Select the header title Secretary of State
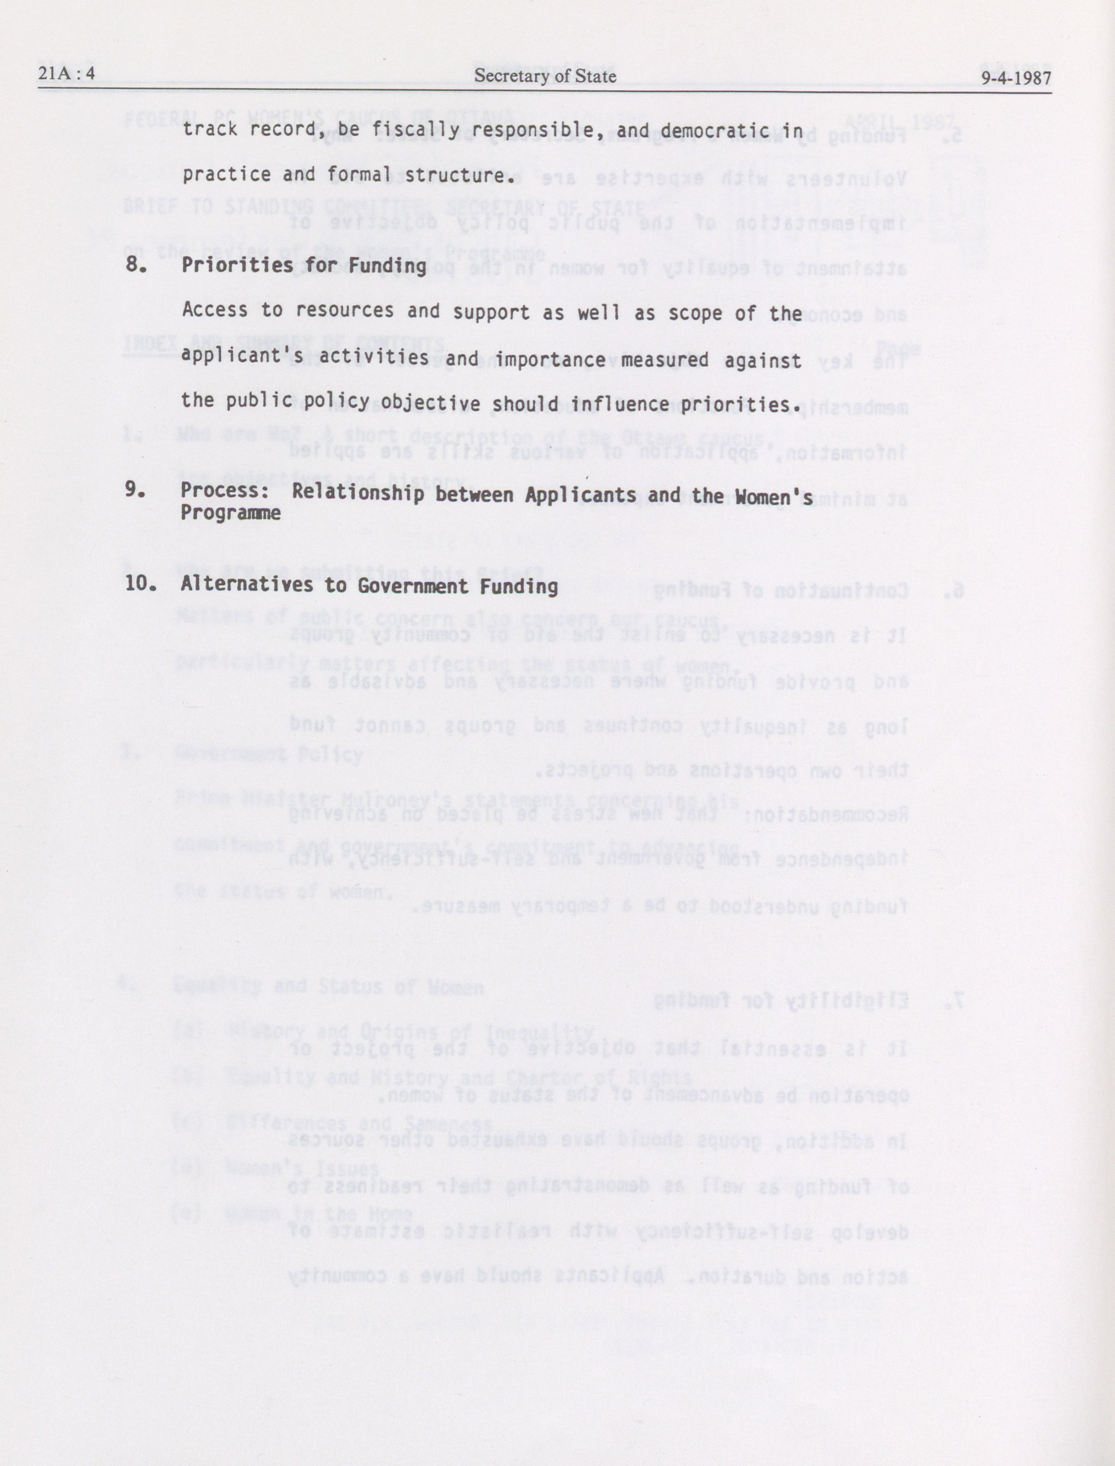[545, 77]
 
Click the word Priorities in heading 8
[237, 265]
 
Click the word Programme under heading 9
[230, 513]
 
